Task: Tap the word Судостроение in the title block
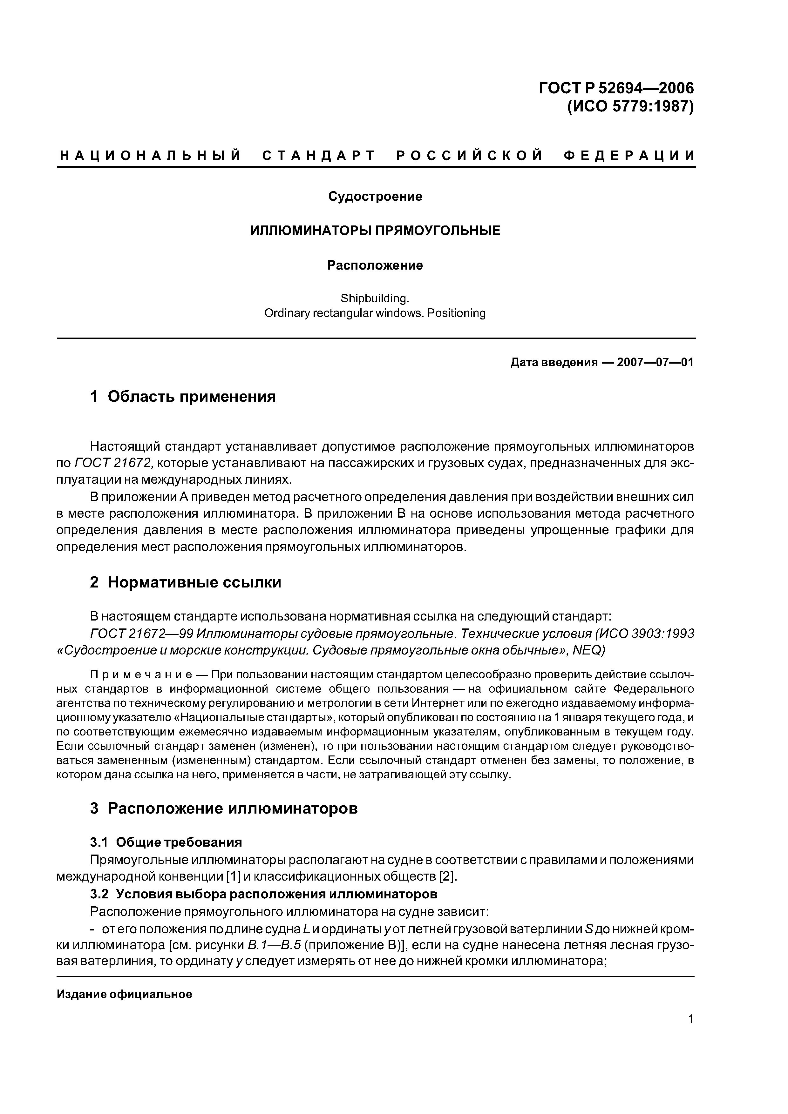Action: [375, 197]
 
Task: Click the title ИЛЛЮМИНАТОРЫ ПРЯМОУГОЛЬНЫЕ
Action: [375, 231]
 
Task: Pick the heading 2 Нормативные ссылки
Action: [186, 582]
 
